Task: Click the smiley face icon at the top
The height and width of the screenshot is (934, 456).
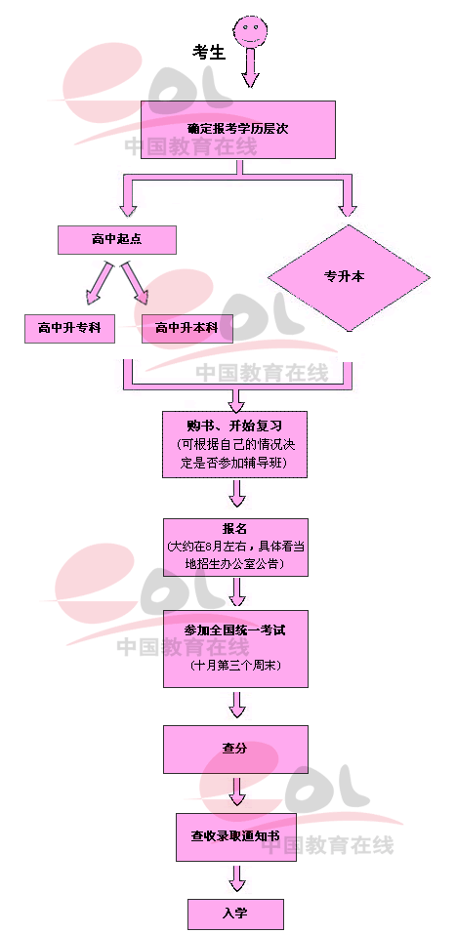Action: (249, 30)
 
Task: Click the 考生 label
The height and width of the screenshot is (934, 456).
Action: (209, 53)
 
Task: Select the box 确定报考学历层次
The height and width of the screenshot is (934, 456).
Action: (237, 129)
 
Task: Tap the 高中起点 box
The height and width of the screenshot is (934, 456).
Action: (117, 239)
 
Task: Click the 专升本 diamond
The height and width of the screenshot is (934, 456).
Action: (349, 277)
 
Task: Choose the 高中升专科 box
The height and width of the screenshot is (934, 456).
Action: (69, 328)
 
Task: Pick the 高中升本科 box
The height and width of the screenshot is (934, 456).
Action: (187, 328)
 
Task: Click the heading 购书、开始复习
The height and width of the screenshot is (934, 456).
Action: (234, 426)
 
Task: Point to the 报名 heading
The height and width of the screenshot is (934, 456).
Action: (234, 528)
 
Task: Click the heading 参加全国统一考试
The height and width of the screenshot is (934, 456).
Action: (235, 630)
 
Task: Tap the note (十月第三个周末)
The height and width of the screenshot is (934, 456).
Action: (236, 665)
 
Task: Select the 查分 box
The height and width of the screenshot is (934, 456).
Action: (235, 749)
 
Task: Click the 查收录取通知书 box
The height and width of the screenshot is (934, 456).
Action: (235, 836)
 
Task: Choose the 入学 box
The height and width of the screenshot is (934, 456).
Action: (235, 914)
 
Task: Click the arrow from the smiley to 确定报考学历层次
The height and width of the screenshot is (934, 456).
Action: (250, 66)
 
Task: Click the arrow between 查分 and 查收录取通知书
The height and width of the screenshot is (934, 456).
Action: (237, 791)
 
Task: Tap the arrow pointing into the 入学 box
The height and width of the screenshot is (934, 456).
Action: (237, 878)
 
